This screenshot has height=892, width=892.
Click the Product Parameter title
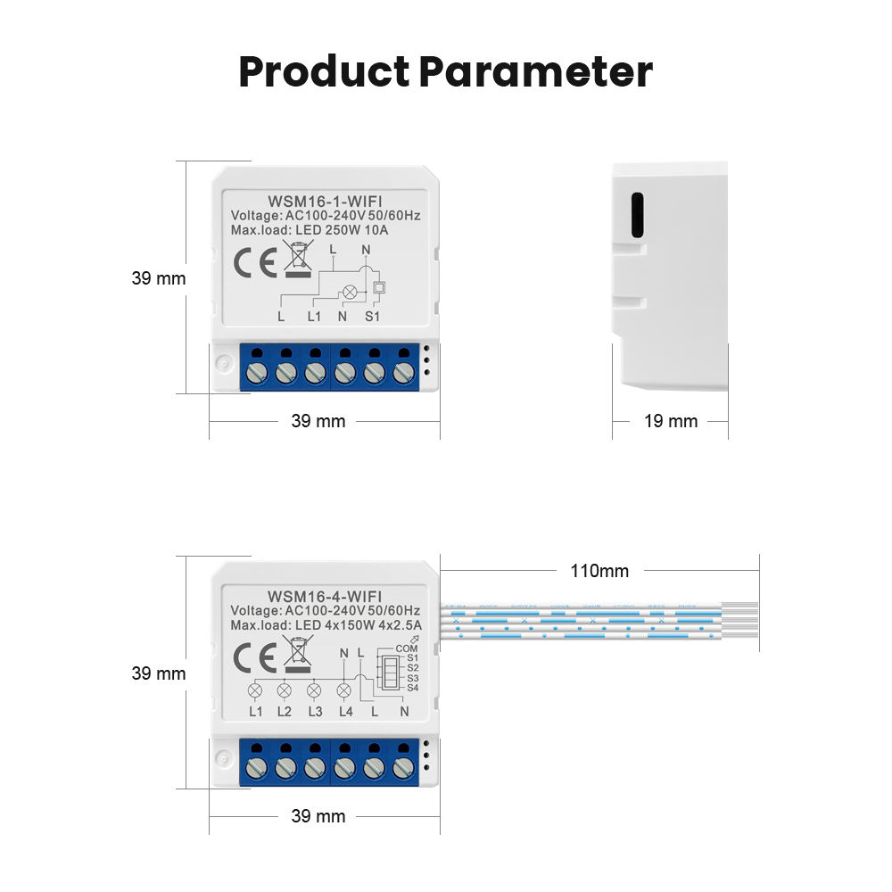pos(445,72)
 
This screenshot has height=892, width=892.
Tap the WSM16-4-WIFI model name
pos(325,596)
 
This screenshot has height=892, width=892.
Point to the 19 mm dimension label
pos(671,421)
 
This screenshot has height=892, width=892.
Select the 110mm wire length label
pos(599,571)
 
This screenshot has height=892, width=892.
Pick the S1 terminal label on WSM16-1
pos(373,316)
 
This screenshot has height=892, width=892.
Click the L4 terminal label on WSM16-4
pos(346,711)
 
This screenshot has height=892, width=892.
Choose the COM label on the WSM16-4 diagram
pos(406,648)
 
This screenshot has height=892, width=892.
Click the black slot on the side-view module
pos(637,215)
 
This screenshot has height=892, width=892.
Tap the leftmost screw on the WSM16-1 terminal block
pos(257,372)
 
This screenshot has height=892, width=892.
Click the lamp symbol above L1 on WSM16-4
pos(256,690)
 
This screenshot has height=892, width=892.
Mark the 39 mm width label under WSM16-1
pos(318,421)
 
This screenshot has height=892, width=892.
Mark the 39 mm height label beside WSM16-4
pos(159,673)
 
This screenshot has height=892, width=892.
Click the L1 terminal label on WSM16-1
pos(314,316)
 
